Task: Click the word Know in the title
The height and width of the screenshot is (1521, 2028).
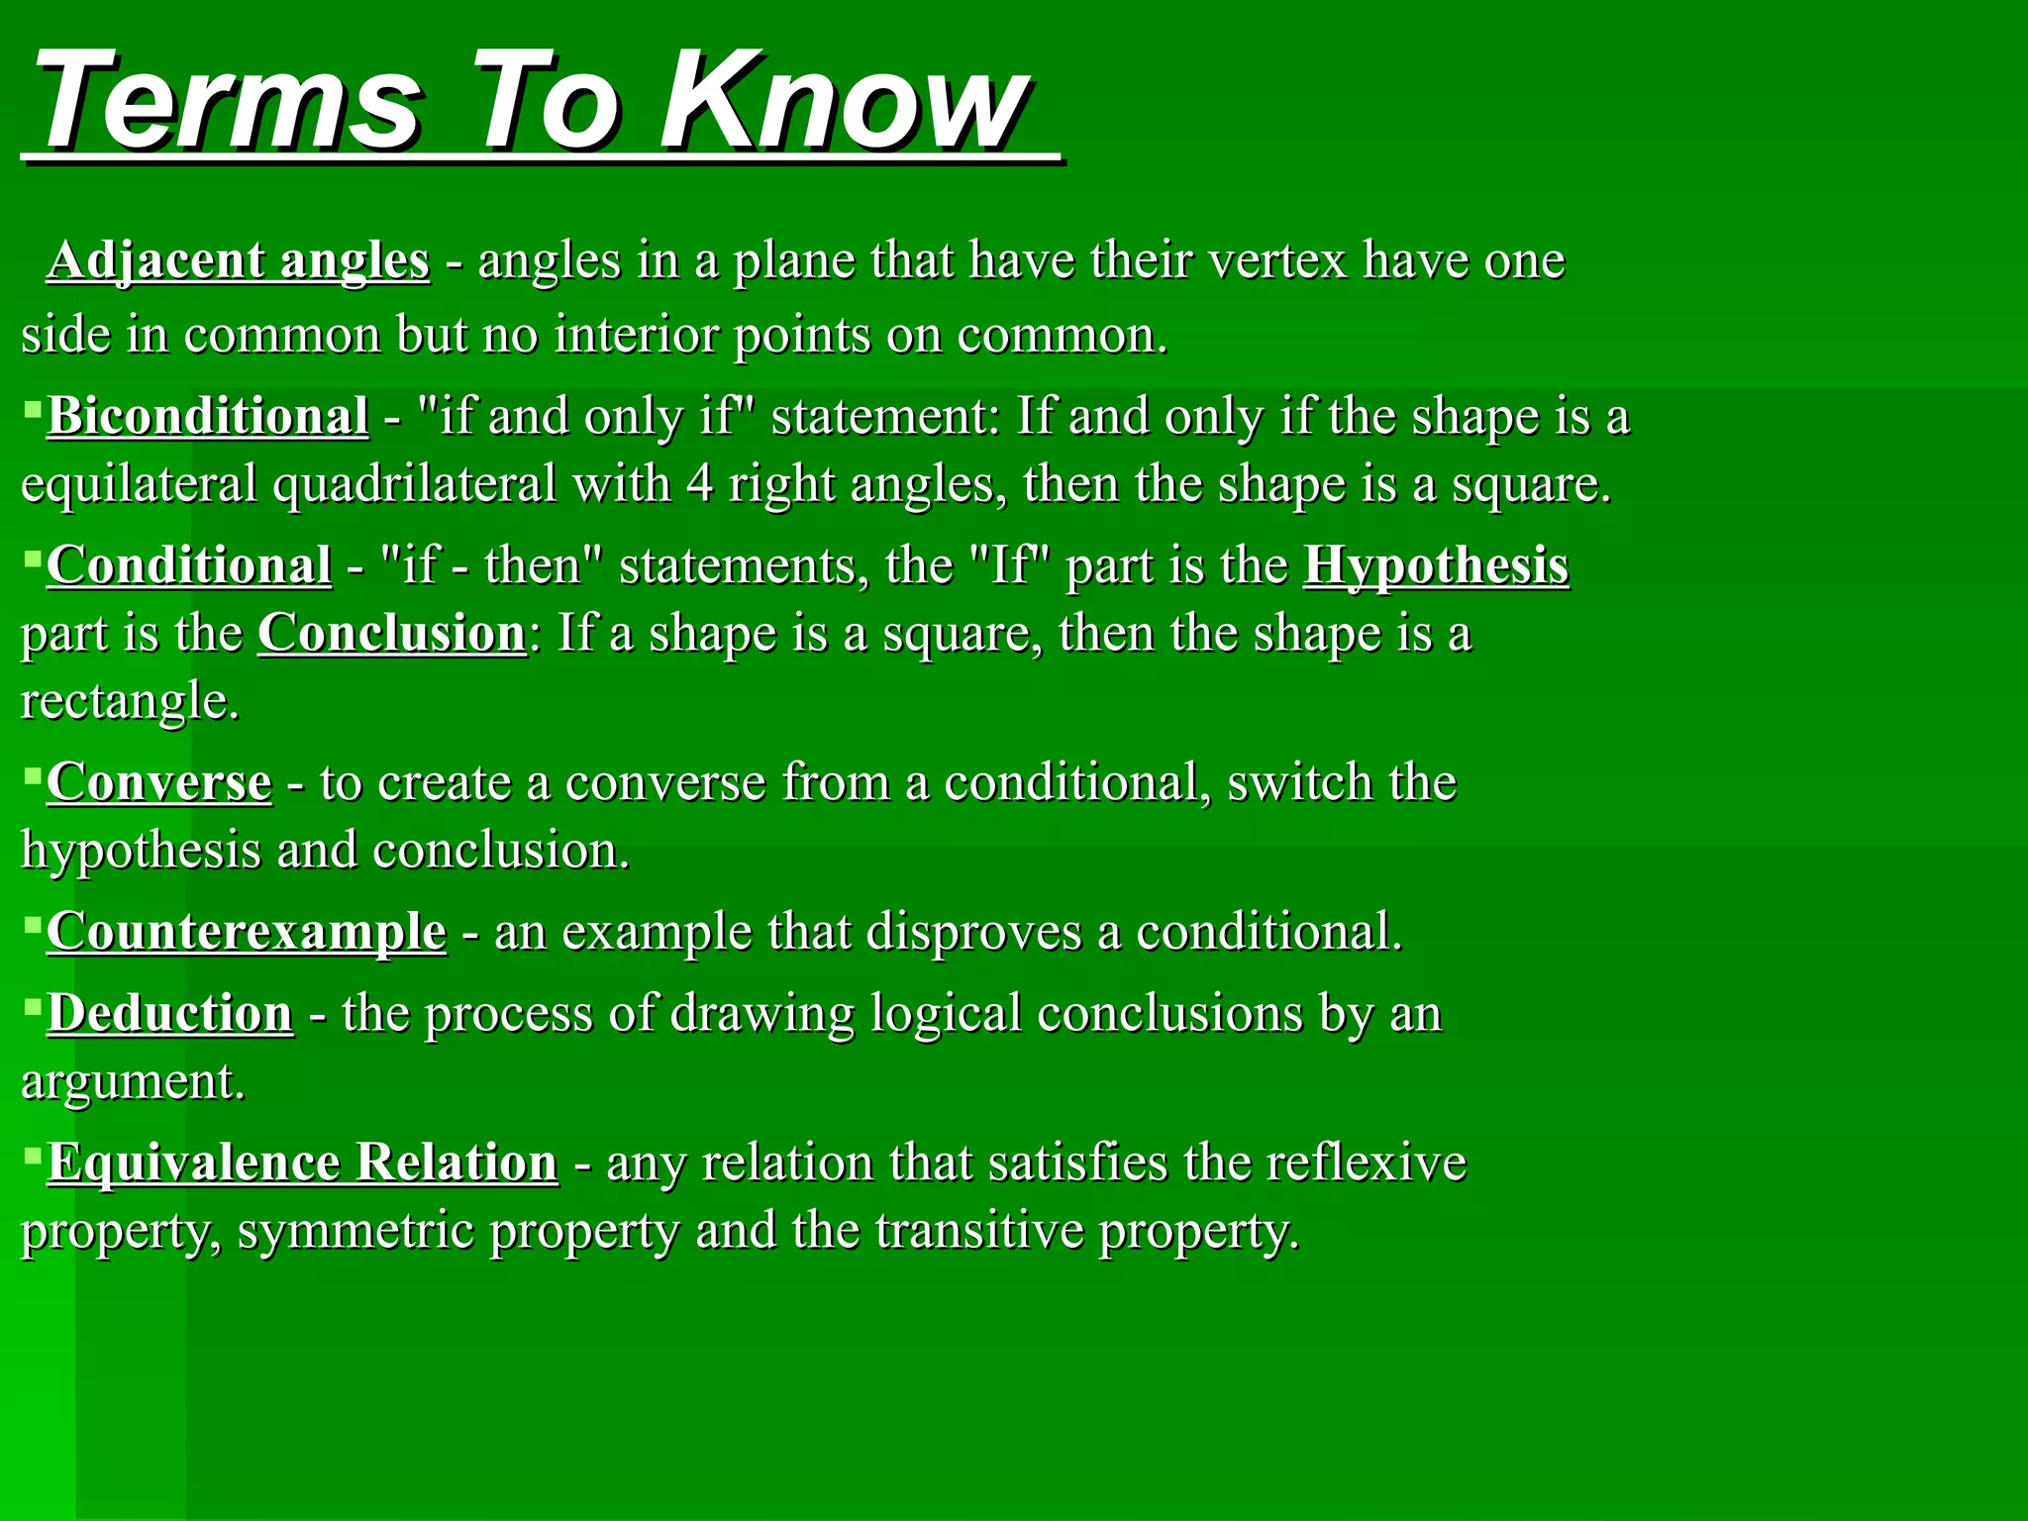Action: pos(847,104)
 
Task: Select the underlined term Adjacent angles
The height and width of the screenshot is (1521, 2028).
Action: pos(239,260)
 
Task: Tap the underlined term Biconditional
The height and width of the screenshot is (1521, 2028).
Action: pos(208,416)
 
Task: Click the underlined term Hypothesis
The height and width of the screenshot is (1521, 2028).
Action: pos(1436,565)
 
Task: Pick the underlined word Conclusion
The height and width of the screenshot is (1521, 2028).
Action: pos(392,634)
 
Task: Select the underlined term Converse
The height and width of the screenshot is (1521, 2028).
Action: pos(159,782)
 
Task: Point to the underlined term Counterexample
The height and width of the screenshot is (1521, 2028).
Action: pos(247,932)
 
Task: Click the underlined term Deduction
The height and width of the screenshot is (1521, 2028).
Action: pos(170,1013)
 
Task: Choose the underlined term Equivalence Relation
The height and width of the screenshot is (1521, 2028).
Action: pos(303,1163)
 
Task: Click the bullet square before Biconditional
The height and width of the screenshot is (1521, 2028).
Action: pos(33,407)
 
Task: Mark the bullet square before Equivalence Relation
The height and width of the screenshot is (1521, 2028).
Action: pos(33,1154)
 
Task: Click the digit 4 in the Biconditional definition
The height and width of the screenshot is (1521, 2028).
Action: pos(699,485)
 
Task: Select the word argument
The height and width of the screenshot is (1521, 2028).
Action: pos(132,1082)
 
